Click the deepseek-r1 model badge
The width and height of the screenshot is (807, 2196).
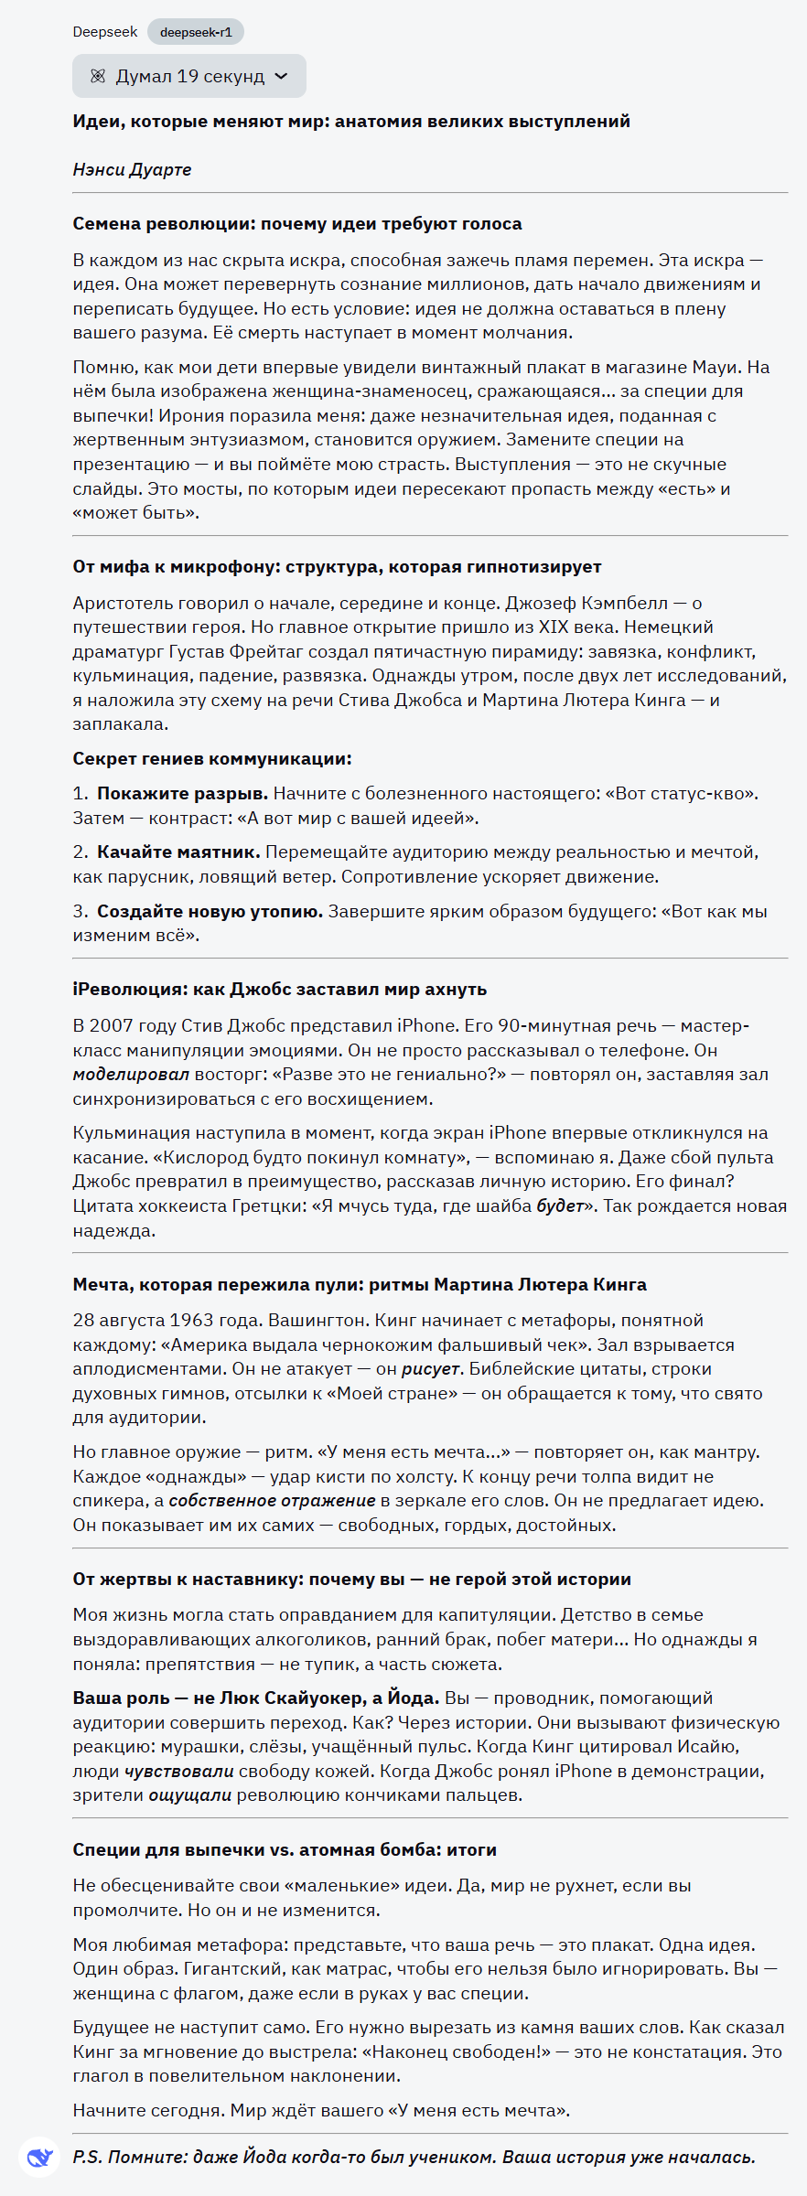pos(196,32)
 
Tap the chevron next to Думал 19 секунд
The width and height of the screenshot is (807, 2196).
pos(282,77)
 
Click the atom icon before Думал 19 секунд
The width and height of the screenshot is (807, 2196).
pos(98,77)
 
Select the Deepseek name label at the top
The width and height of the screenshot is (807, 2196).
pos(105,32)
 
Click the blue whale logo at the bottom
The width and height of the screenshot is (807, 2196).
pos(39,2158)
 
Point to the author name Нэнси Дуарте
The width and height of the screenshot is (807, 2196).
pos(132,169)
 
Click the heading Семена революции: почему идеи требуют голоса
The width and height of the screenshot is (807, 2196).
pos(297,224)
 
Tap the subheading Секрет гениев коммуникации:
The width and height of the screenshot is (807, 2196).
pos(212,759)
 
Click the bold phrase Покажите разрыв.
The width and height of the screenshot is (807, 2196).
pos(183,794)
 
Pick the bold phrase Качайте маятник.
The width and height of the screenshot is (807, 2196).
pos(179,852)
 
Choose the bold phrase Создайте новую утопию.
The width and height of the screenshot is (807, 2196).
pos(210,912)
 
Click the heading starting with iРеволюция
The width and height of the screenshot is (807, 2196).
pos(280,990)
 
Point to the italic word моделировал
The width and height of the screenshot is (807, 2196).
pos(131,1075)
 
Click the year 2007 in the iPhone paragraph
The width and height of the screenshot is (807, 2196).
pos(111,1026)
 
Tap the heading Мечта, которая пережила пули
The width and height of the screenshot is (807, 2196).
pos(360,1285)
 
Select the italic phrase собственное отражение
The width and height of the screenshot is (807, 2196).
pos(272,1501)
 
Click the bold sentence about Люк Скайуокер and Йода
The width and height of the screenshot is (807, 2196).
pos(256,1698)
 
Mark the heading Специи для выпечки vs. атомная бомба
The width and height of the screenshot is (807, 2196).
pos(285,1850)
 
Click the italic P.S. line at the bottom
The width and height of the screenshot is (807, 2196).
pos(414,2158)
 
